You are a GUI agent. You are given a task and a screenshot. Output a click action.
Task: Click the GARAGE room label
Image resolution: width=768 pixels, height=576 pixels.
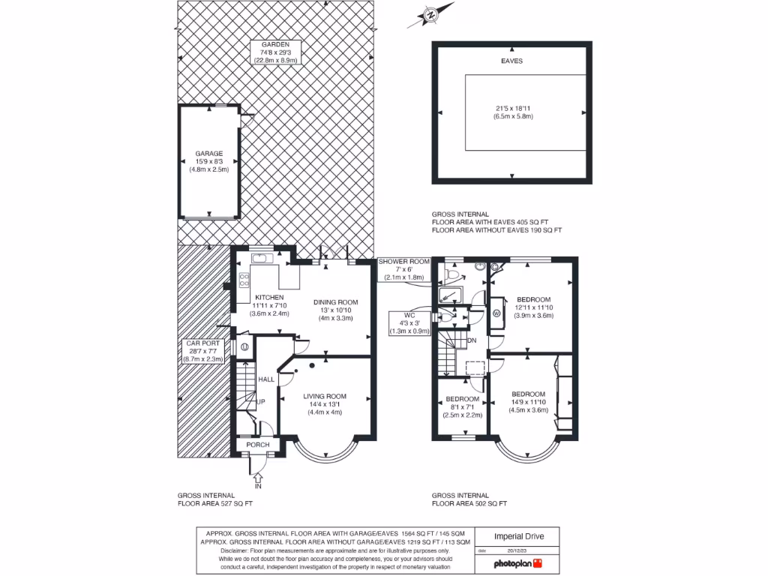pos(209,154)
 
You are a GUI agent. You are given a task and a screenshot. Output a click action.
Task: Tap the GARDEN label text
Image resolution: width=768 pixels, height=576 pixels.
pos(271,44)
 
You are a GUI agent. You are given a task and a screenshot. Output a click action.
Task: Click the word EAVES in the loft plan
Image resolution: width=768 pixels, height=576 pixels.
pos(511,61)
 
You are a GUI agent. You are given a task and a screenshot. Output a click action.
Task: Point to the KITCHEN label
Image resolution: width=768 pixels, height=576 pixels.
pos(268,298)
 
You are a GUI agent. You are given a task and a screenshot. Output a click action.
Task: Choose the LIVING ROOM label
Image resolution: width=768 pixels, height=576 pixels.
pos(324,396)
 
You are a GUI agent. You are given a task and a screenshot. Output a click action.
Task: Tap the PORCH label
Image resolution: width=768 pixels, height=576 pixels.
pos(258,445)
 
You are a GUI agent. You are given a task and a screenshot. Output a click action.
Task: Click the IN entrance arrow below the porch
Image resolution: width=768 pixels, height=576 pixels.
pos(257,477)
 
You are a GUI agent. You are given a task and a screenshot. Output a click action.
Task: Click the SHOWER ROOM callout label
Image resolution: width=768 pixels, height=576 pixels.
pos(404,262)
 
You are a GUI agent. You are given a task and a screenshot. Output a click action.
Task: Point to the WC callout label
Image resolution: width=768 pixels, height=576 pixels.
pos(409,316)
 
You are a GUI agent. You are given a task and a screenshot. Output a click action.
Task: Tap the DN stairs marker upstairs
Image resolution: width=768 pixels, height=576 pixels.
pos(472,340)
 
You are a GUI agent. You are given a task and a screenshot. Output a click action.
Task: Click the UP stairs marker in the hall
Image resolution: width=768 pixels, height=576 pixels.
pos(261,402)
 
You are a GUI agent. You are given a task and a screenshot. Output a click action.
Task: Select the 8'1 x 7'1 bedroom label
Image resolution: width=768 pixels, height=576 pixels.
pos(462,399)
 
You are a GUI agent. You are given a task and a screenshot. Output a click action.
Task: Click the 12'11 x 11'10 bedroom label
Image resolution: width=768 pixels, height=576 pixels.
pos(533,300)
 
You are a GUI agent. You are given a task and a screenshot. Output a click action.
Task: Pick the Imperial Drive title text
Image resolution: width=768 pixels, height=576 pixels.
pos(519,536)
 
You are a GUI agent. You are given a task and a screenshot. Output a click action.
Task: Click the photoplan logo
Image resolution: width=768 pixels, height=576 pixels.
pos(518,563)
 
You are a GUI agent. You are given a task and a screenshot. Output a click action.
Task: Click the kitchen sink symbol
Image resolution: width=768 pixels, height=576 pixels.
pos(262,259)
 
